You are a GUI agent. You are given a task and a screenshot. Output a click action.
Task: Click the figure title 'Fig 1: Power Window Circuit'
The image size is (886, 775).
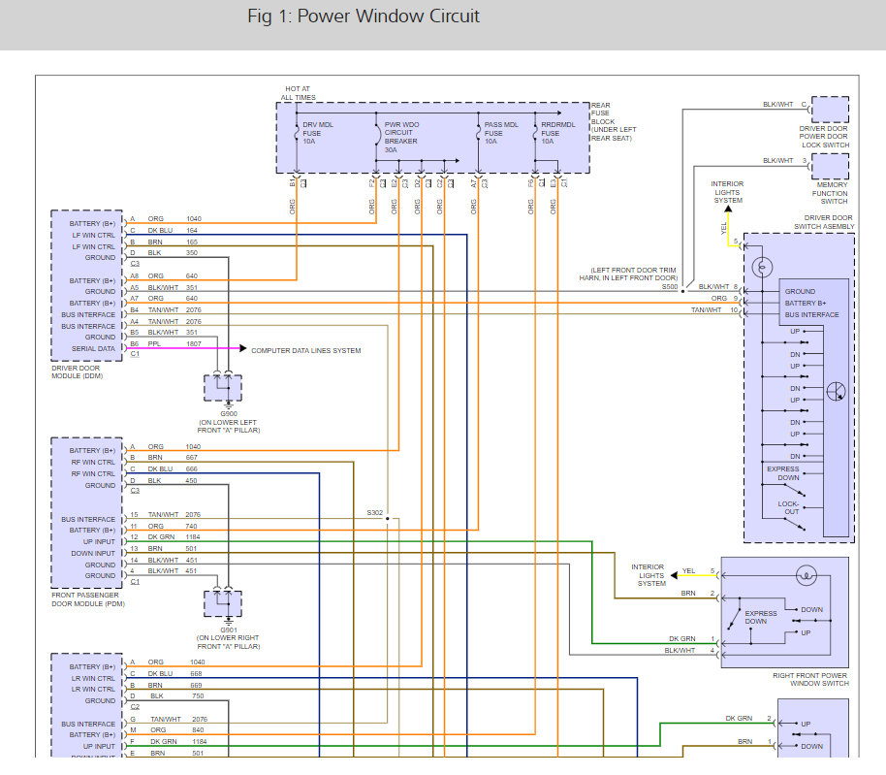pyautogui.click(x=364, y=16)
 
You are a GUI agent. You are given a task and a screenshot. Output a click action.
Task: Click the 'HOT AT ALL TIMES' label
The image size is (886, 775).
pyautogui.click(x=298, y=94)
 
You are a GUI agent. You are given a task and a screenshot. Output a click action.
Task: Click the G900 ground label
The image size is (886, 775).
pyautogui.click(x=228, y=412)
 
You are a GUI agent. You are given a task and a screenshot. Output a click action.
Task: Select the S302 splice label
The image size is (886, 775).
pyautogui.click(x=374, y=511)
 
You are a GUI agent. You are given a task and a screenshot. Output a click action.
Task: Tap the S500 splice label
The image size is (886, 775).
pyautogui.click(x=670, y=288)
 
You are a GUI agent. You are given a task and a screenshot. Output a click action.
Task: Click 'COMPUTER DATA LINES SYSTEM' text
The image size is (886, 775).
pyautogui.click(x=305, y=350)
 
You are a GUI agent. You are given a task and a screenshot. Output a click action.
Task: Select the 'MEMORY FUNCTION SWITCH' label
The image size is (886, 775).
pyautogui.click(x=831, y=193)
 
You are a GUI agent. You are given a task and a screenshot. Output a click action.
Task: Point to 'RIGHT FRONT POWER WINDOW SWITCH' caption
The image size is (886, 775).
pyautogui.click(x=810, y=679)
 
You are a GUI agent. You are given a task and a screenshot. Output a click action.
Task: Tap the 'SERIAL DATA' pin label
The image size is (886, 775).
pyautogui.click(x=94, y=349)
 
